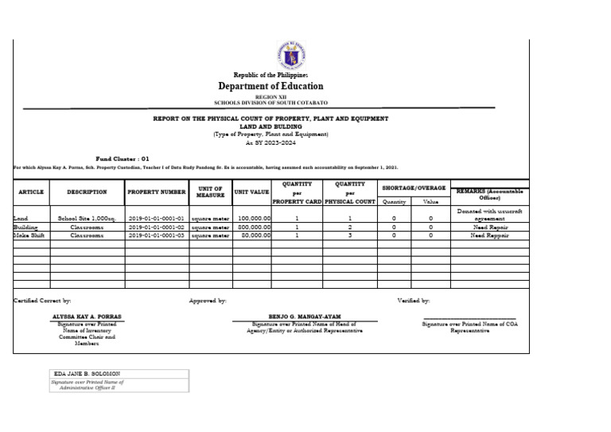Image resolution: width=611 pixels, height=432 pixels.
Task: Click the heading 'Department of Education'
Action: click(x=270, y=86)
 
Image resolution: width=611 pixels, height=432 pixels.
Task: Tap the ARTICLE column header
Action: click(x=31, y=192)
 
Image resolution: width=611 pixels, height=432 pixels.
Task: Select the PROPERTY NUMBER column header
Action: click(x=156, y=192)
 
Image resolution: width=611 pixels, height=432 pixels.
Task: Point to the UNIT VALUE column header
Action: click(x=251, y=192)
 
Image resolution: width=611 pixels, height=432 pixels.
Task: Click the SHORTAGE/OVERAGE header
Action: click(x=414, y=188)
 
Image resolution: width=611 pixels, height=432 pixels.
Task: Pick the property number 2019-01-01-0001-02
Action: click(x=156, y=226)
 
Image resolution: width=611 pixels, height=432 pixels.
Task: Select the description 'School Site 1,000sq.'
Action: click(x=87, y=217)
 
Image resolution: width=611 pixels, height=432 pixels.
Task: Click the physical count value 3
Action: click(x=349, y=235)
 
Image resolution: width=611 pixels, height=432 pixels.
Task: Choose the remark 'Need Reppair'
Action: click(x=489, y=235)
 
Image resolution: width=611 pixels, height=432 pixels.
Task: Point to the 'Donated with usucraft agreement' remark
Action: click(x=489, y=214)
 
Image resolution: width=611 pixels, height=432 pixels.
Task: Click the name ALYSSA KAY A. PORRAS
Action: click(x=87, y=316)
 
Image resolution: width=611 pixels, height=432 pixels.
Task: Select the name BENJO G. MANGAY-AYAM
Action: click(x=305, y=316)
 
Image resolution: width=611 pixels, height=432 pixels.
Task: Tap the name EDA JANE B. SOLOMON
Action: click(x=87, y=373)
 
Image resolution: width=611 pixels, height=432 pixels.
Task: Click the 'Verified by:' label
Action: click(x=414, y=301)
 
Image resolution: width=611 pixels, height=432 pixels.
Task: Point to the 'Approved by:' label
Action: click(x=208, y=301)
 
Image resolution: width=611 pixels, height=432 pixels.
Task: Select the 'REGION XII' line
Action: click(x=270, y=96)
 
